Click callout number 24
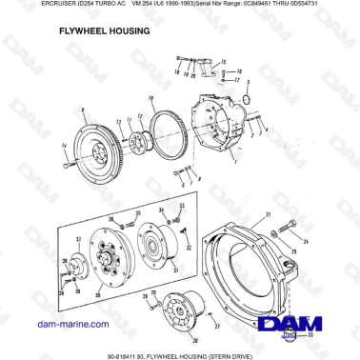[306, 242]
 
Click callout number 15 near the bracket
[224, 61]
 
